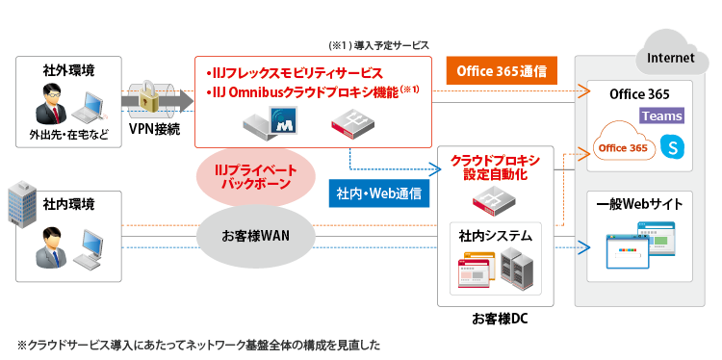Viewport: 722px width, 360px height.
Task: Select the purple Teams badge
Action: click(x=660, y=116)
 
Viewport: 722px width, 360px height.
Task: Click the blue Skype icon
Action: click(x=672, y=147)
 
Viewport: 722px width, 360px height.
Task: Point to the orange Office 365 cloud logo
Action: click(x=624, y=147)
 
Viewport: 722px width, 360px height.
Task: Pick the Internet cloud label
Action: click(x=672, y=57)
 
